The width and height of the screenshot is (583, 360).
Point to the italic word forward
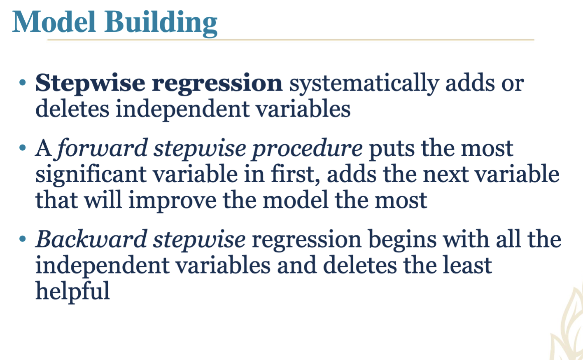pyautogui.click(x=102, y=148)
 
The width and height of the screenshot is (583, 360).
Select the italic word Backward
pyautogui.click(x=91, y=239)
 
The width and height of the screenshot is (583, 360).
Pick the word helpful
pyautogui.click(x=72, y=291)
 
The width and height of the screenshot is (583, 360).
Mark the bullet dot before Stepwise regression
pyautogui.click(x=23, y=83)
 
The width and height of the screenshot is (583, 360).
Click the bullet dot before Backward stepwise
pyautogui.click(x=23, y=239)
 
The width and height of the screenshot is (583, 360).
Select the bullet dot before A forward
pyautogui.click(x=23, y=147)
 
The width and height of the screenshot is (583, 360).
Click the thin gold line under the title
pyautogui.click(x=291, y=40)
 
